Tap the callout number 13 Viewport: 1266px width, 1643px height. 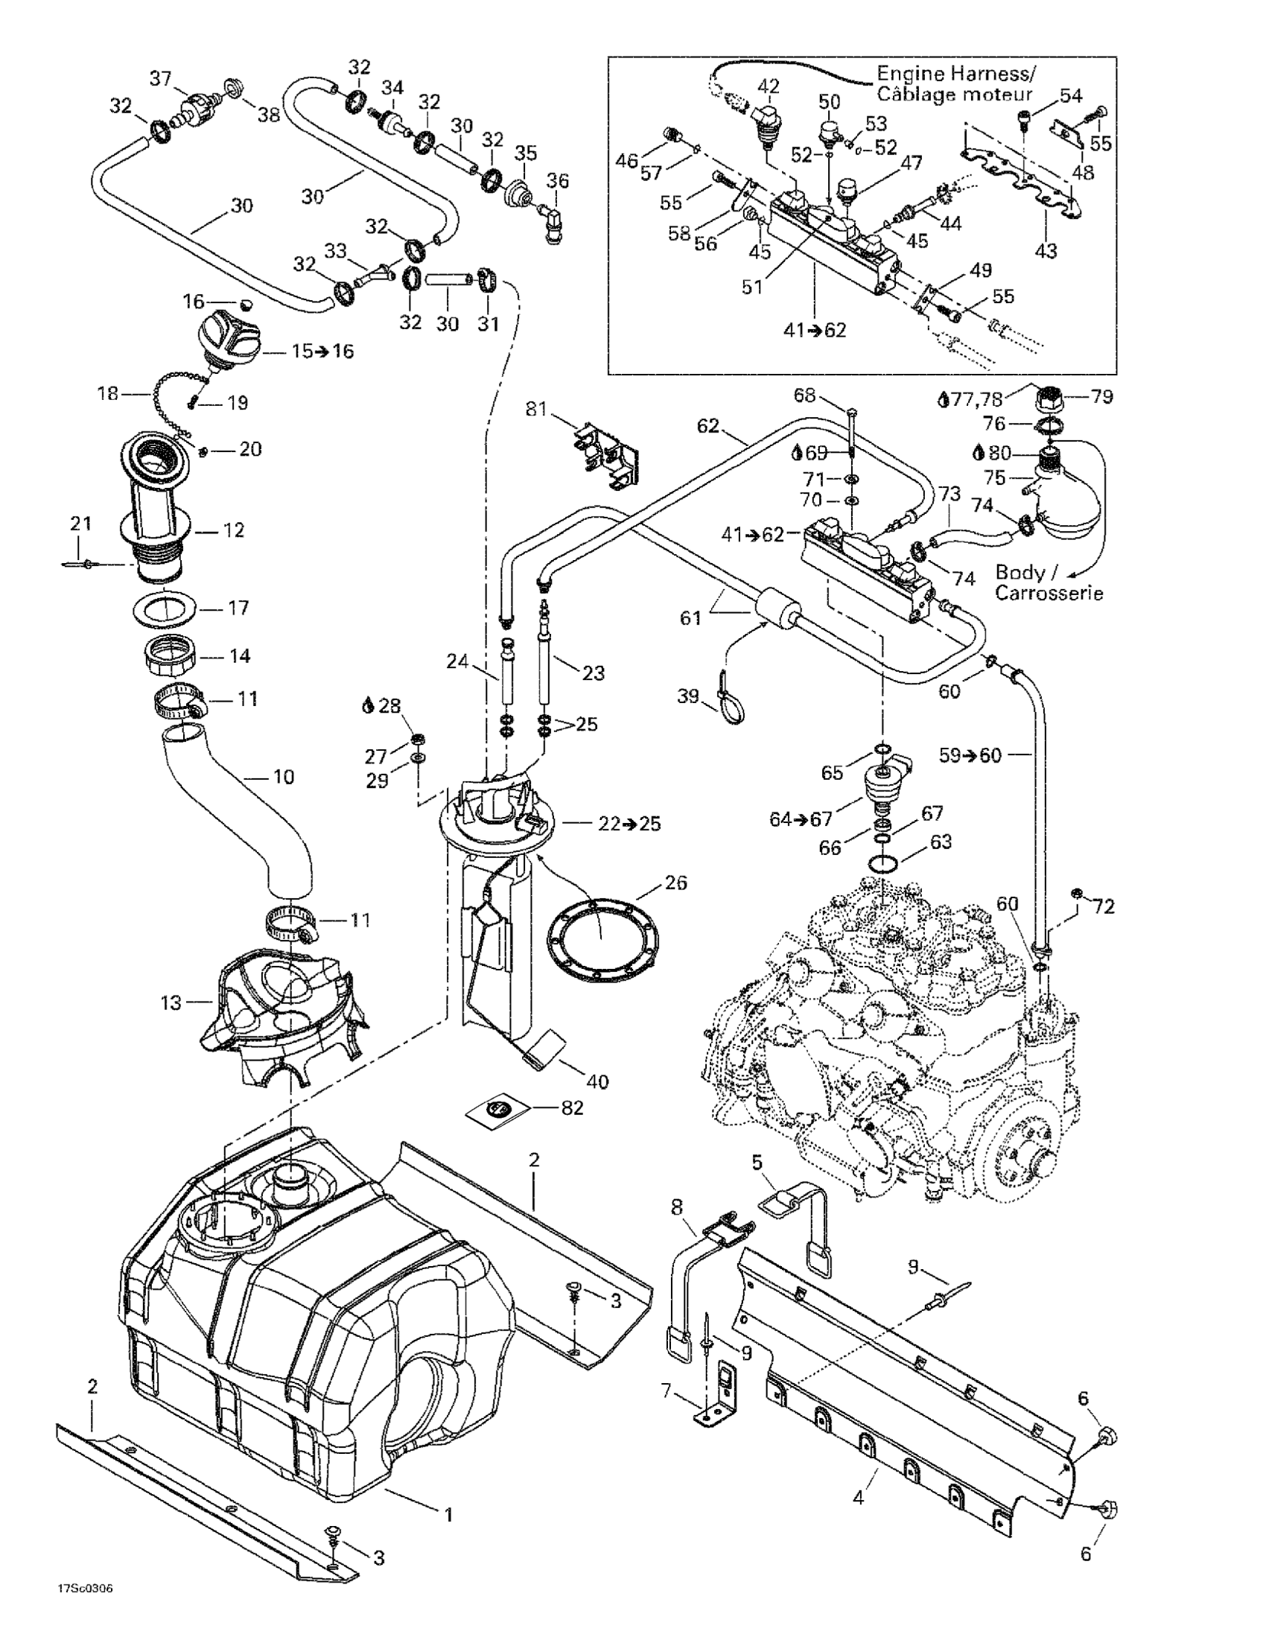171,1002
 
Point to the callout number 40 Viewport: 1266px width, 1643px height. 597,1081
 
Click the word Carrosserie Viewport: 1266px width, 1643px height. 1049,593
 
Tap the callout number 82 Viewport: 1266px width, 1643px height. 573,1109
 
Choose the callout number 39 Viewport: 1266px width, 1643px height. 688,696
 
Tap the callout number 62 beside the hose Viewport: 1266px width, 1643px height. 709,427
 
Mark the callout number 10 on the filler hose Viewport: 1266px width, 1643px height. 284,775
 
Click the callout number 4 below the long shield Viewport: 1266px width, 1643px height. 859,1498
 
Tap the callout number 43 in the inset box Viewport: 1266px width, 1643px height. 1047,250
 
